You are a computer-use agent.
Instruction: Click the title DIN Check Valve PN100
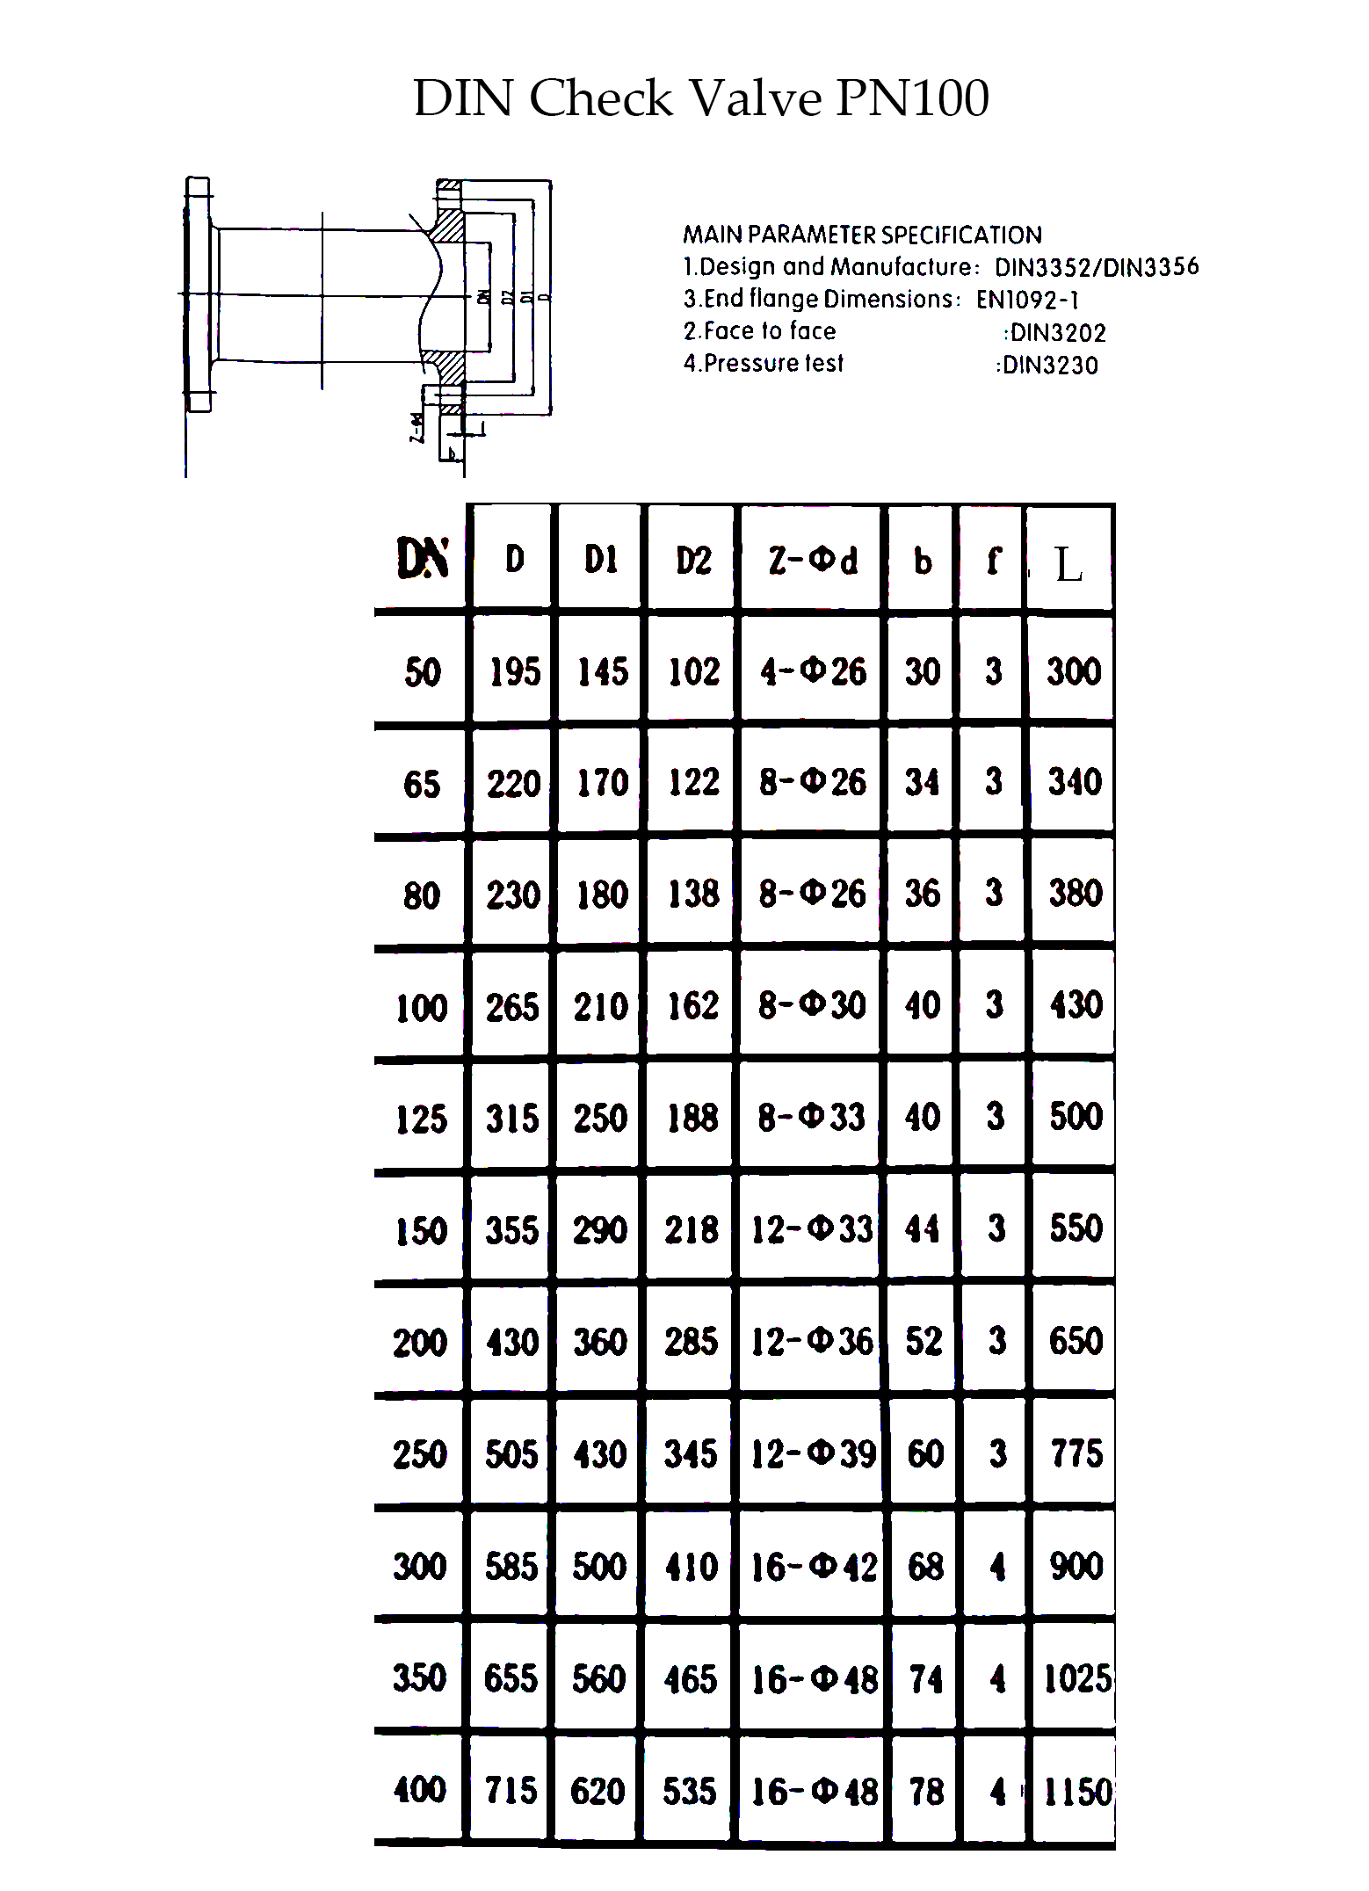(x=701, y=98)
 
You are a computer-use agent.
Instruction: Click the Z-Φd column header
(x=812, y=561)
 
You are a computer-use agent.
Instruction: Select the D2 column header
(x=693, y=561)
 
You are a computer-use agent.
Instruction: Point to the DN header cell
(x=423, y=559)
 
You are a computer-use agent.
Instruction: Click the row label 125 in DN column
(x=422, y=1119)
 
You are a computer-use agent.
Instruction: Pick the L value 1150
(x=1077, y=1791)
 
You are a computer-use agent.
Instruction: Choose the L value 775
(x=1076, y=1453)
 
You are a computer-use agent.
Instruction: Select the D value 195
(x=515, y=672)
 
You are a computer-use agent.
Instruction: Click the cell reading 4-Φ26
(x=813, y=672)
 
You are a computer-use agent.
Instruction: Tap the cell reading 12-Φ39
(x=813, y=1453)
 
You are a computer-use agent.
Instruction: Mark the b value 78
(x=926, y=1791)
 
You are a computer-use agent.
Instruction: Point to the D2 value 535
(x=690, y=1791)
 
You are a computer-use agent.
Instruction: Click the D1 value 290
(x=600, y=1230)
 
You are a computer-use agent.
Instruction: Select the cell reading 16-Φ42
(x=813, y=1566)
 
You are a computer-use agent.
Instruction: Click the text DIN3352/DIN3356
(x=1097, y=267)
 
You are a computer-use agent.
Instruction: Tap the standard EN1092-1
(x=1027, y=300)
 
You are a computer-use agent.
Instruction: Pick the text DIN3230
(x=1050, y=365)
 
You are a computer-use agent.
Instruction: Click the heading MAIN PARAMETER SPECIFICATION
(x=862, y=235)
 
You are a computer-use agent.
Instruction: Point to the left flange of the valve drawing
(x=199, y=294)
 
